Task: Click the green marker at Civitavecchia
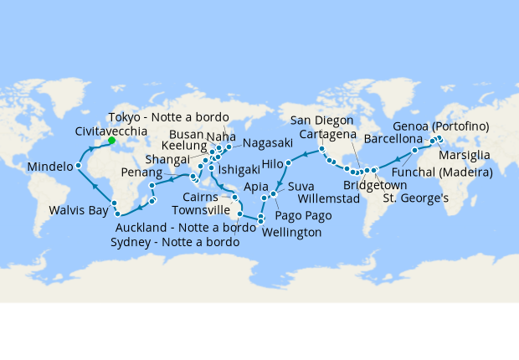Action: [111, 141]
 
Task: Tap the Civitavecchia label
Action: [111, 131]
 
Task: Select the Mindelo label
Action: [50, 167]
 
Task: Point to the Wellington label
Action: [291, 233]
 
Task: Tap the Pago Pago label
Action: [302, 216]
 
